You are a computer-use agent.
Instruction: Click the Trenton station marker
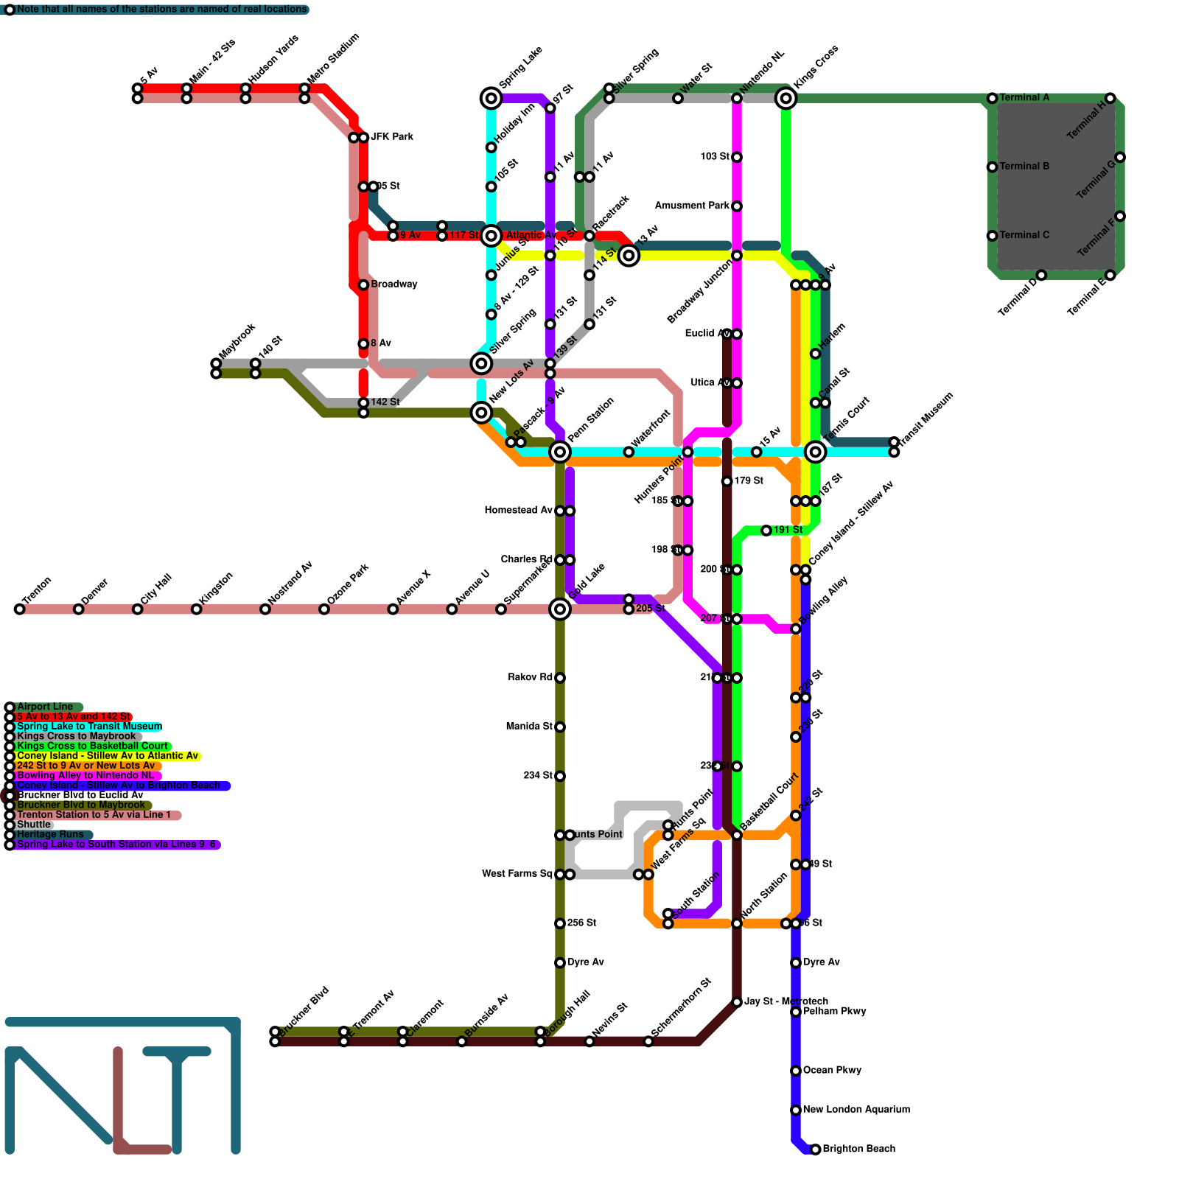pos(19,609)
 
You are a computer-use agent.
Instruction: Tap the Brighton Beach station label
pos(858,1149)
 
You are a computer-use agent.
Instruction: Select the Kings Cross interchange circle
pos(786,98)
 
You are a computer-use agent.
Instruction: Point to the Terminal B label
pos(1024,167)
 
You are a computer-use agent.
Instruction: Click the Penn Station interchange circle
pos(560,452)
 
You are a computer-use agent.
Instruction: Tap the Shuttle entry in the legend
pos(34,825)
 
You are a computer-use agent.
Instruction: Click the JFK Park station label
pos(392,137)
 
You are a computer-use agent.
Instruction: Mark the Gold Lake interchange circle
pos(560,609)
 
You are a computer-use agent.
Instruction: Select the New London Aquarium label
pos(856,1110)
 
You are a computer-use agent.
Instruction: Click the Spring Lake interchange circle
pos(491,98)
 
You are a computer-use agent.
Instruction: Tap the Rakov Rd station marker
pos(560,678)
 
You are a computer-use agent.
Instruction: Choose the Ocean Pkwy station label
pos(832,1071)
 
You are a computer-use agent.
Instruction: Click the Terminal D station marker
pos(1041,276)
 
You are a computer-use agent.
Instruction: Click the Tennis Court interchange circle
pos(815,452)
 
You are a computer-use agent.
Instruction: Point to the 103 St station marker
pos(737,157)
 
